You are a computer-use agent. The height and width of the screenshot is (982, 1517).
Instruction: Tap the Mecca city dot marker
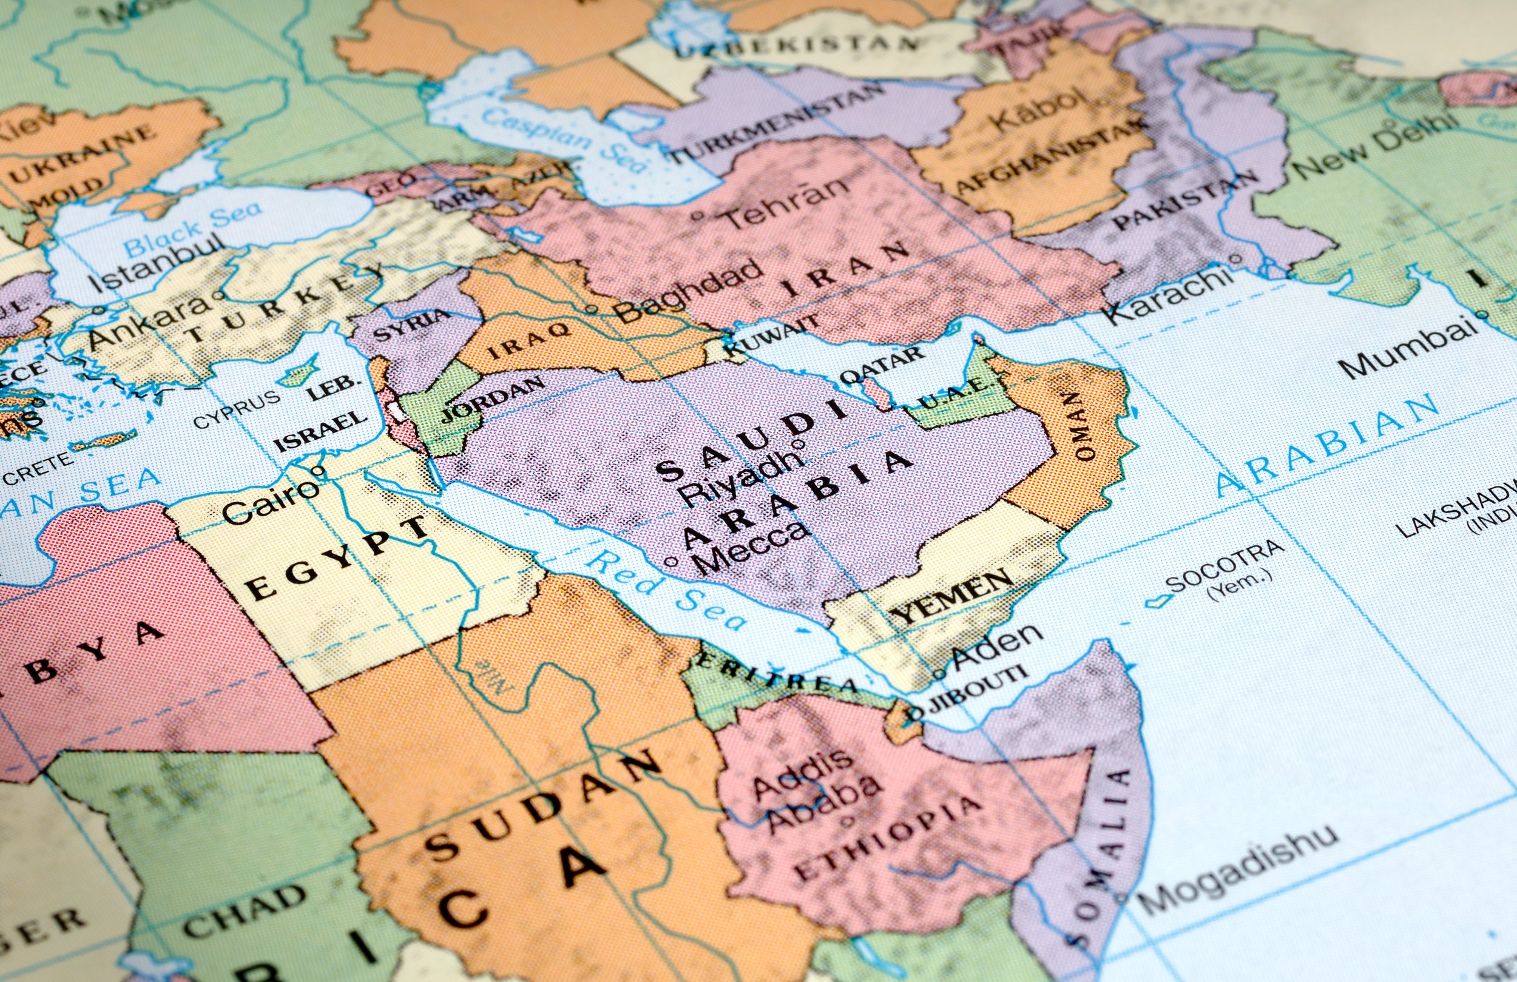click(x=671, y=562)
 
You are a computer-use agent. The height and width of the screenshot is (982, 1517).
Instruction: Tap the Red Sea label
click(x=666, y=590)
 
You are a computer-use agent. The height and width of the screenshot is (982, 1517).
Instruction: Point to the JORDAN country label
click(x=494, y=399)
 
